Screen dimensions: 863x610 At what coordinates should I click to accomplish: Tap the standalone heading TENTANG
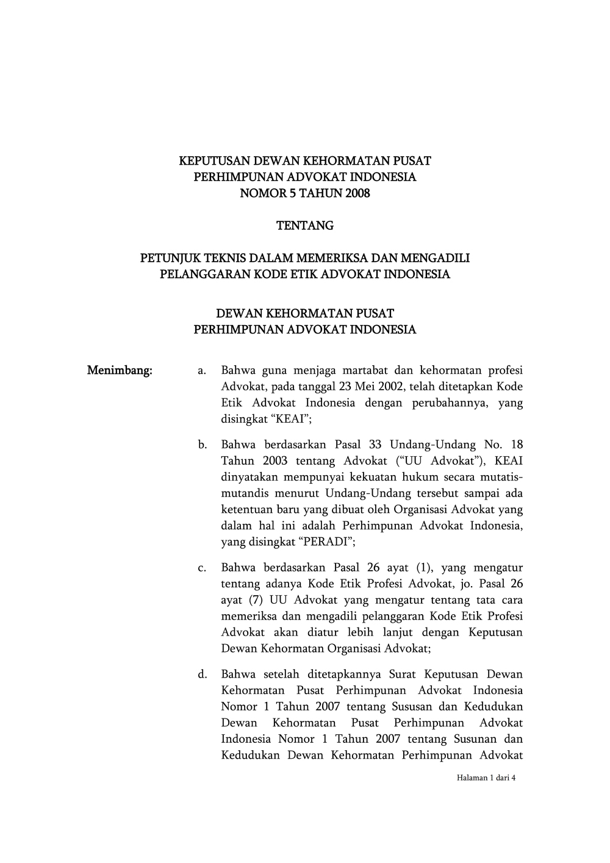click(305, 226)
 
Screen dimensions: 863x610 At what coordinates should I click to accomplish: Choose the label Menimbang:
click(120, 370)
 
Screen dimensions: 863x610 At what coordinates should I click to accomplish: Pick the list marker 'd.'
click(202, 675)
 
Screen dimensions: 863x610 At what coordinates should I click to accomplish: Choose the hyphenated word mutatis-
click(495, 477)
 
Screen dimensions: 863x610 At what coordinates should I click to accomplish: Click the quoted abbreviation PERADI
click(325, 542)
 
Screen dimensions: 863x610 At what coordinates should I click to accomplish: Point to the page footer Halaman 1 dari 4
click(486, 778)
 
